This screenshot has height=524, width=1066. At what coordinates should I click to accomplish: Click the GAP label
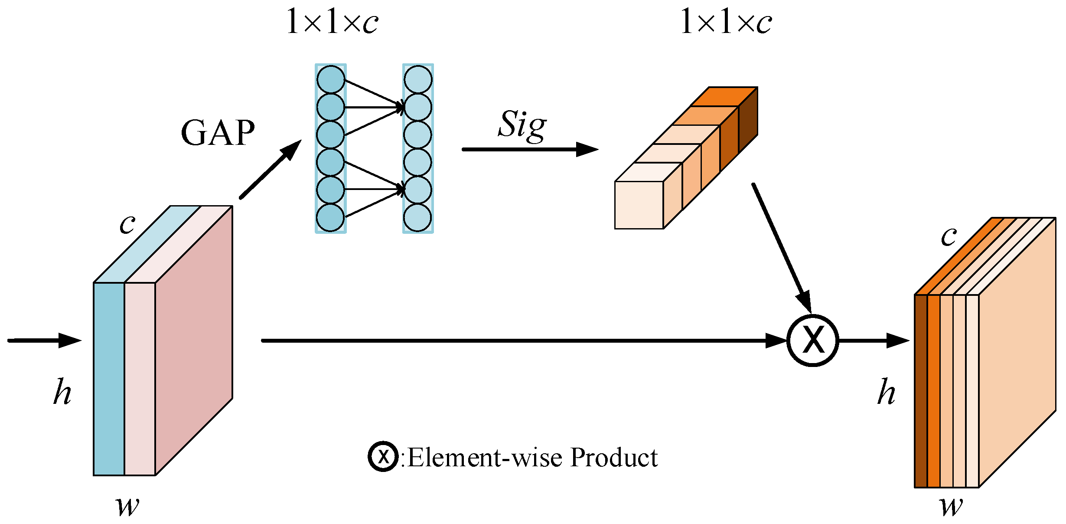[218, 133]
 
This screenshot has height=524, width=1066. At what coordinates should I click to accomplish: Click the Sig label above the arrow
[522, 125]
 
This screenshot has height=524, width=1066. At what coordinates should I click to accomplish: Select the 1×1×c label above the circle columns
[332, 22]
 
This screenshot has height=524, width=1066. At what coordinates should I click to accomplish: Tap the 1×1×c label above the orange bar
[726, 22]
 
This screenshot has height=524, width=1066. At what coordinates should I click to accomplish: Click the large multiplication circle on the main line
[813, 341]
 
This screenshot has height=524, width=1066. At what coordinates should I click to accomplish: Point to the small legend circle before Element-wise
[383, 456]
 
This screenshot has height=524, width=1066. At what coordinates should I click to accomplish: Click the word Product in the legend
[614, 457]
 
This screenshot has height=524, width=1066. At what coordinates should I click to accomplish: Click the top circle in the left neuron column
[331, 80]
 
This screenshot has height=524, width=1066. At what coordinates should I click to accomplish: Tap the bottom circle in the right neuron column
[417, 218]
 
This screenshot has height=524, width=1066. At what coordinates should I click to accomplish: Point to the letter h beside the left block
[62, 392]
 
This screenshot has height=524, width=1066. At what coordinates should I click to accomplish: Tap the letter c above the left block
[127, 224]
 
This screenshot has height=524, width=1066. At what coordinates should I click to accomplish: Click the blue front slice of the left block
[109, 379]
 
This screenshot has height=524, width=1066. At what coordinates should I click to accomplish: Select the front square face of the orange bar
[639, 205]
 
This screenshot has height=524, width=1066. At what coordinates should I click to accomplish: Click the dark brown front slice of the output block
[921, 390]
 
